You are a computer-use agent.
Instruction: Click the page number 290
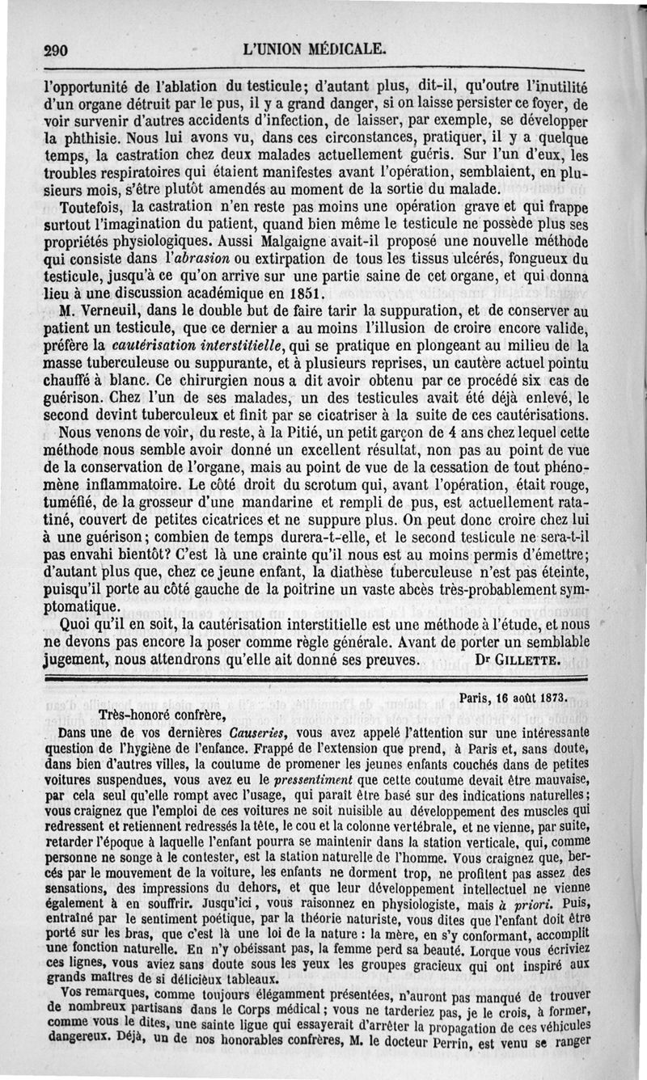[56, 49]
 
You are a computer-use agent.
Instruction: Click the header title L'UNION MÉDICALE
[315, 48]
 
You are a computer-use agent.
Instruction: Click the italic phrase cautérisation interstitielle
[201, 345]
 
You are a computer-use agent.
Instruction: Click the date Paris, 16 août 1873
[512, 696]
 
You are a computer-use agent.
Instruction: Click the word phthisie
[81, 137]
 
